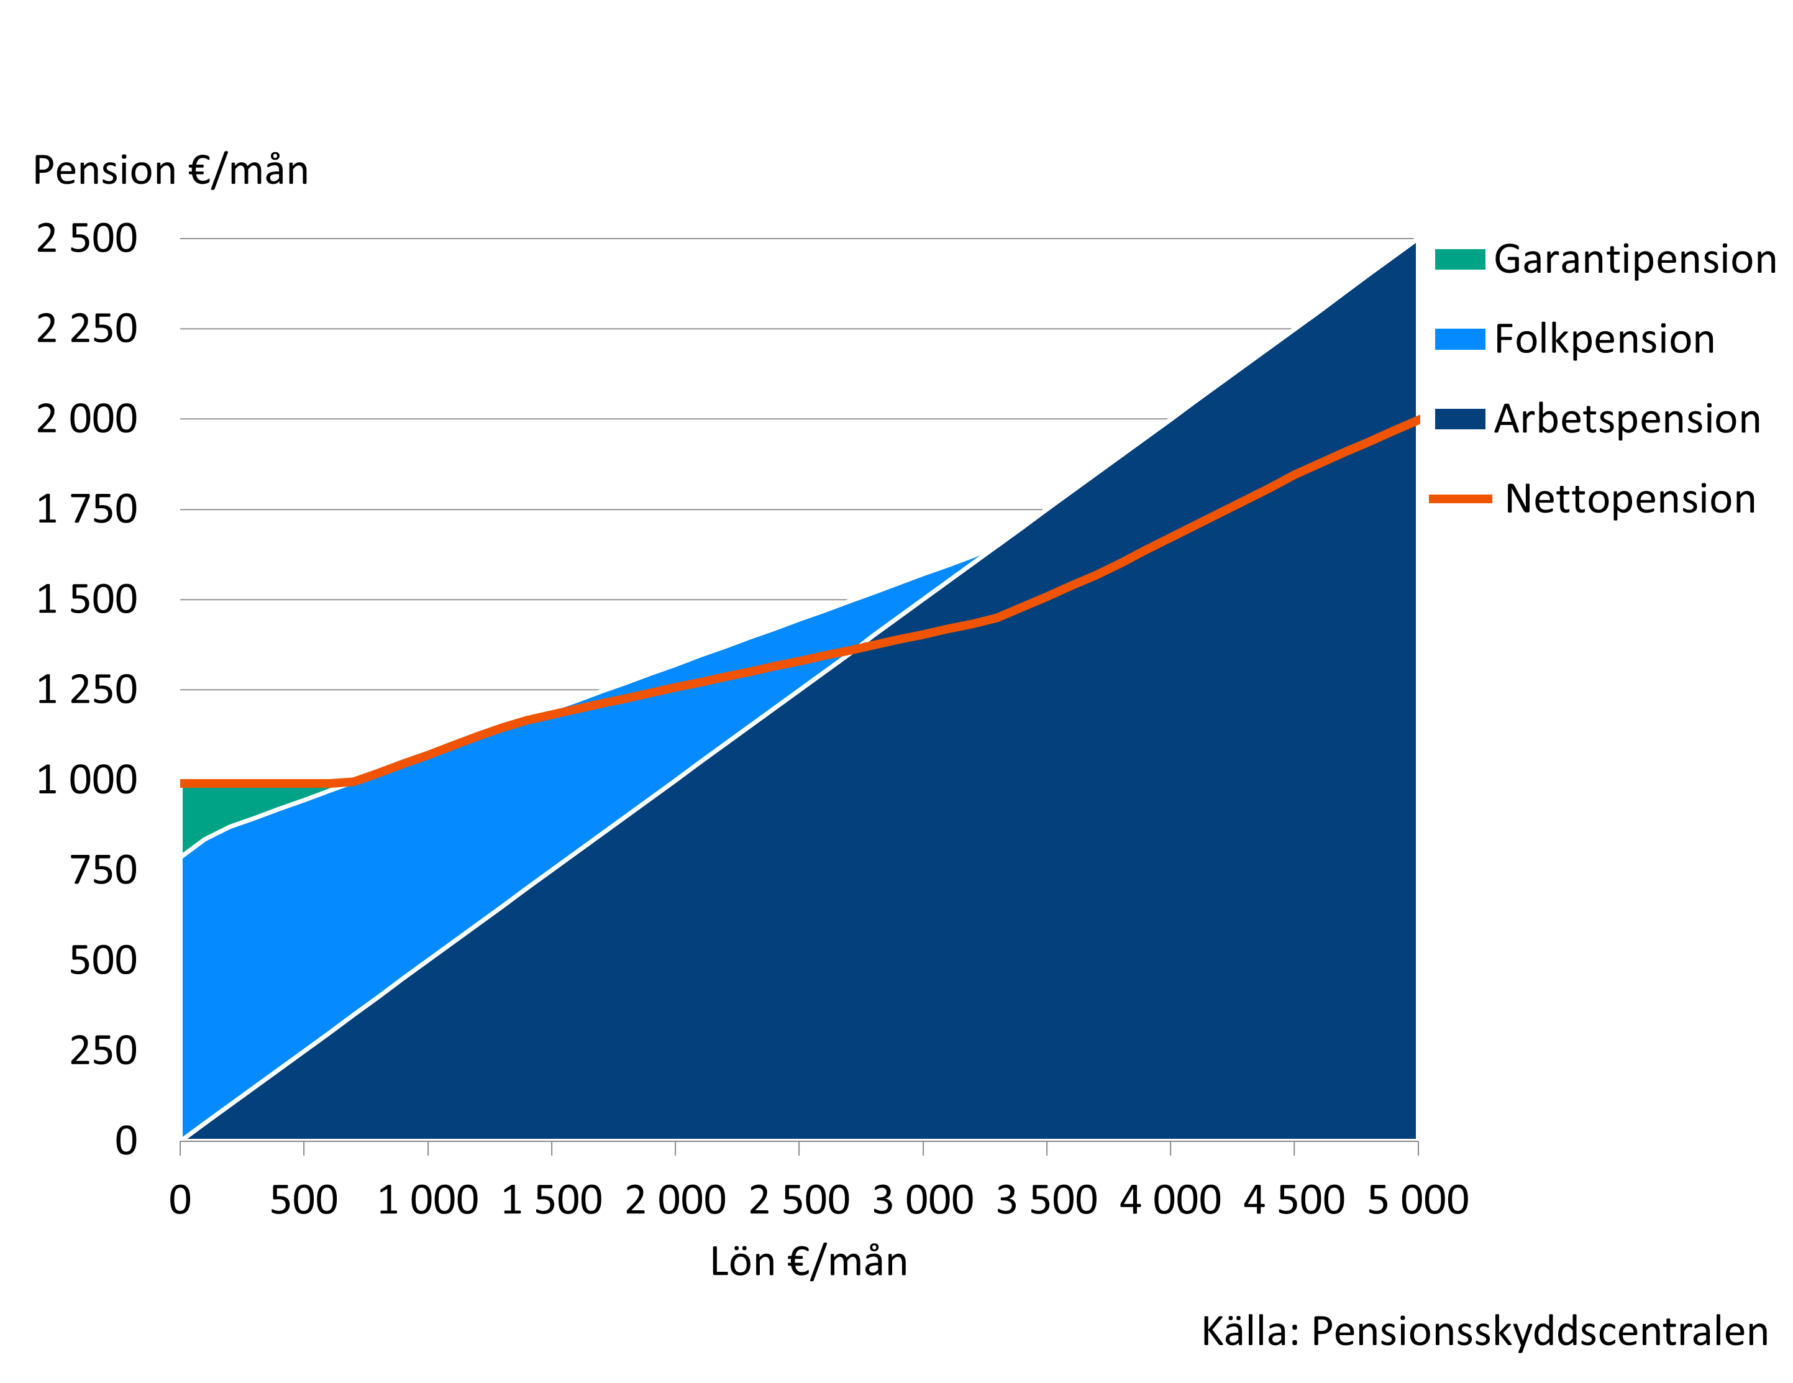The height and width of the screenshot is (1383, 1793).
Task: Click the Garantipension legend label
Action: coord(1635,259)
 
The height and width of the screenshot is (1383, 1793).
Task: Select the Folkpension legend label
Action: coord(1604,339)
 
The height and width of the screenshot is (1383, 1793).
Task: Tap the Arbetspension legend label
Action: coord(1626,419)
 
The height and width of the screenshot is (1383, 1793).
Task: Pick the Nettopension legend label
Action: coord(1630,499)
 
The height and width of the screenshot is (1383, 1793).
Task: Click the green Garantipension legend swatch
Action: coord(1460,259)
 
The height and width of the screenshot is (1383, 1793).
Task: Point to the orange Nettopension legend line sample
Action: coord(1460,499)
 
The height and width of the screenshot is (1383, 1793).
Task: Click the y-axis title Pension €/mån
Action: coord(170,171)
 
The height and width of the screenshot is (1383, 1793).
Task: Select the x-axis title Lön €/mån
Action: coord(809,1261)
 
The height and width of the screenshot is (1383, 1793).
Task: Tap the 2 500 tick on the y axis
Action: coord(86,239)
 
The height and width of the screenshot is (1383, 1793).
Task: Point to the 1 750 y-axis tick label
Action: coord(86,509)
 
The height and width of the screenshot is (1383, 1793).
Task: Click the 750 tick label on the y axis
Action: coord(103,870)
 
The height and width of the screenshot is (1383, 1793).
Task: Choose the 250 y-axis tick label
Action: coord(103,1051)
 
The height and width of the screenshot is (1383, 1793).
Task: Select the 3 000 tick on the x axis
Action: coord(922,1200)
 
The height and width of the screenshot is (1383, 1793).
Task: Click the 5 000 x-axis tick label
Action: coord(1418,1200)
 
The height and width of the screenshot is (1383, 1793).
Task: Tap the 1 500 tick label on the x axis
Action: coord(551,1200)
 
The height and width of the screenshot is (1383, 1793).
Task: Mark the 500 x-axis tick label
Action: coord(304,1200)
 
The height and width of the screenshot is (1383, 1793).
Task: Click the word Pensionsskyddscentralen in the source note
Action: coord(1540,1331)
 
